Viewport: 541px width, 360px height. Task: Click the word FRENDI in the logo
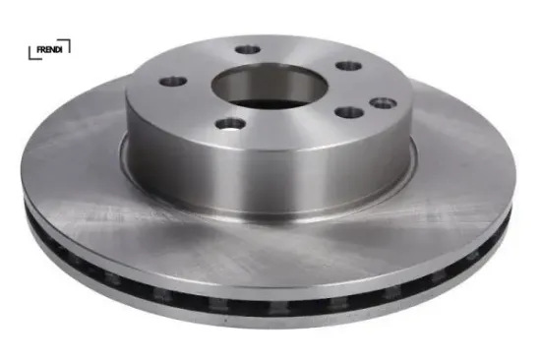click(49, 50)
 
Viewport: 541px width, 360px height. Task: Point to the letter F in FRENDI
click(39, 50)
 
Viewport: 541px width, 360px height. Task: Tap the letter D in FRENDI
click(57, 50)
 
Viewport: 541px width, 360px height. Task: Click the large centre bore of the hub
click(269, 86)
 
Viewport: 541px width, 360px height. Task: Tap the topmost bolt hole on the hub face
click(248, 49)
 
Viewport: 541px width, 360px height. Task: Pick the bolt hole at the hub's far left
click(173, 82)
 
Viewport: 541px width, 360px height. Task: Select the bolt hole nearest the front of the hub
click(229, 124)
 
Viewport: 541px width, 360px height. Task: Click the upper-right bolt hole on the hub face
click(349, 66)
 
